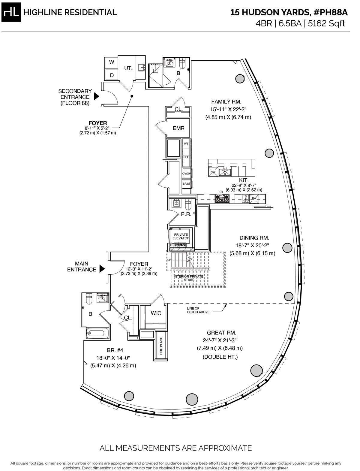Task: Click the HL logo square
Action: [x=11, y=12]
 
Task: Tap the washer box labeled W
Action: [x=112, y=62]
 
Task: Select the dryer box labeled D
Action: [x=112, y=75]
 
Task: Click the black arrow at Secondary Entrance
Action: [x=97, y=97]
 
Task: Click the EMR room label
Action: [x=178, y=128]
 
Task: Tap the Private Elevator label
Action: [x=181, y=236]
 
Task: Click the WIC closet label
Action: [x=156, y=313]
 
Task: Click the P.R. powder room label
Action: [x=186, y=214]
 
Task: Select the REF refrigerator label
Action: [x=186, y=157]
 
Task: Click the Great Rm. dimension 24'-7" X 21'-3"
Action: [x=220, y=340]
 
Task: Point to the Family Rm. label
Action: [x=226, y=101]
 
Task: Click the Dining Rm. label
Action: [x=254, y=238]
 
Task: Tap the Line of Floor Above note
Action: [x=198, y=310]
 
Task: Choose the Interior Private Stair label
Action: [x=188, y=278]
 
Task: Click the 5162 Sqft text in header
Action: [x=327, y=23]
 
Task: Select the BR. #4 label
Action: [x=115, y=350]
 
